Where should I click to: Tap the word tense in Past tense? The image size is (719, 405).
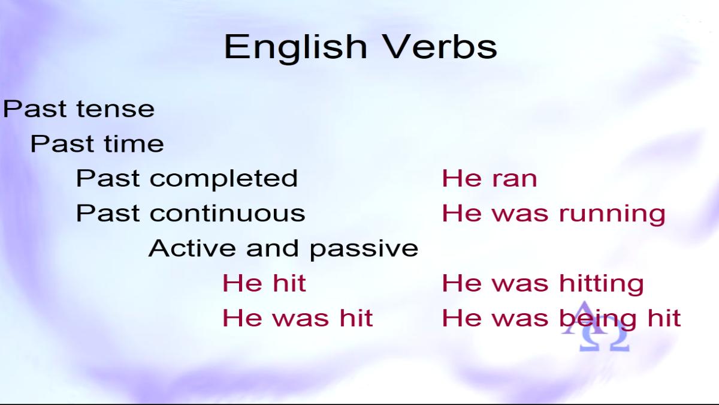tap(116, 109)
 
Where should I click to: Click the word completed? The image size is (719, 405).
tap(223, 179)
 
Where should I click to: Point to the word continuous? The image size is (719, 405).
tap(227, 213)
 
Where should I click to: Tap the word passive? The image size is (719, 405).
tap(364, 250)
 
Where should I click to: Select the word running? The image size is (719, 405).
tap(612, 214)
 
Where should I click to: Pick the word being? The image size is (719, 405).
tap(598, 319)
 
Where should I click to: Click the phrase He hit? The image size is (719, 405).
tap(264, 283)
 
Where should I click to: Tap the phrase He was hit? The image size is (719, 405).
tap(298, 318)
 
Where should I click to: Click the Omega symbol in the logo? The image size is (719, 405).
tap(603, 341)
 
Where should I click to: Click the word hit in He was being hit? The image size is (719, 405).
tap(664, 318)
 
